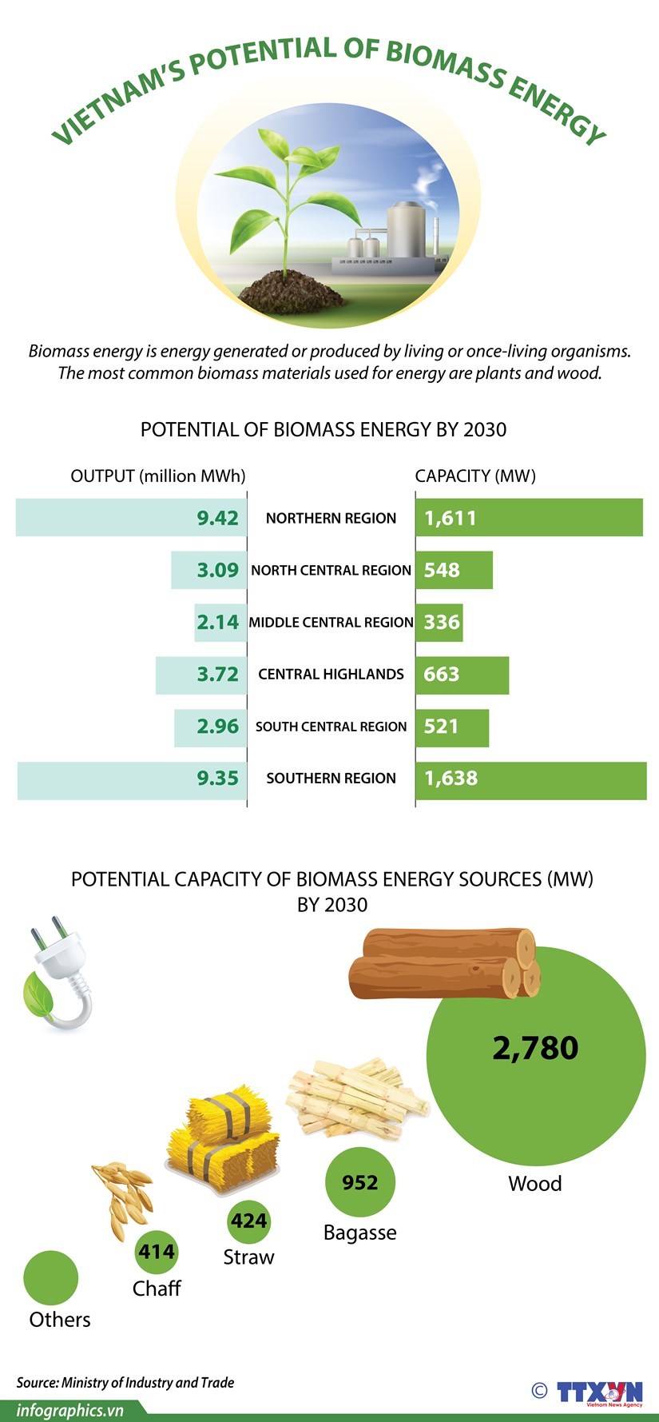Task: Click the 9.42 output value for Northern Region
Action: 217,518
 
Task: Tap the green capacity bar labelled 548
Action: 453,570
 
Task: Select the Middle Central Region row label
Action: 331,622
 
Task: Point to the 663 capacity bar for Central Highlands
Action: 461,674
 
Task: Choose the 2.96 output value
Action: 217,727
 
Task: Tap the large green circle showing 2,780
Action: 535,1055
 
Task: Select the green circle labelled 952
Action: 360,1182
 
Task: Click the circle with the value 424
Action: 248,1221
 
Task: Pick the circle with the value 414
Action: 157,1252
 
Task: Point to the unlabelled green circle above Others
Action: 51,1277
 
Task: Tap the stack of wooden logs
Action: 444,963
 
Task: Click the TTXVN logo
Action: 599,1392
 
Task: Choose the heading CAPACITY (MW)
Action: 475,476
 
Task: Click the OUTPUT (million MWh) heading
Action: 158,476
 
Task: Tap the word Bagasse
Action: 359,1233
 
